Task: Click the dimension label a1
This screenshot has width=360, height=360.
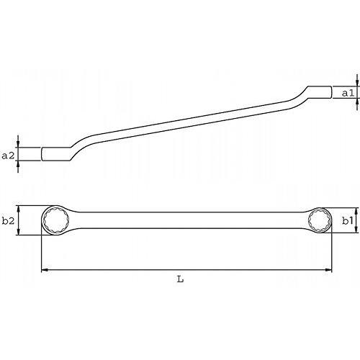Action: click(346, 94)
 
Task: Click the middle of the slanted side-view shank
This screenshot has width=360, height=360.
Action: click(187, 123)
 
